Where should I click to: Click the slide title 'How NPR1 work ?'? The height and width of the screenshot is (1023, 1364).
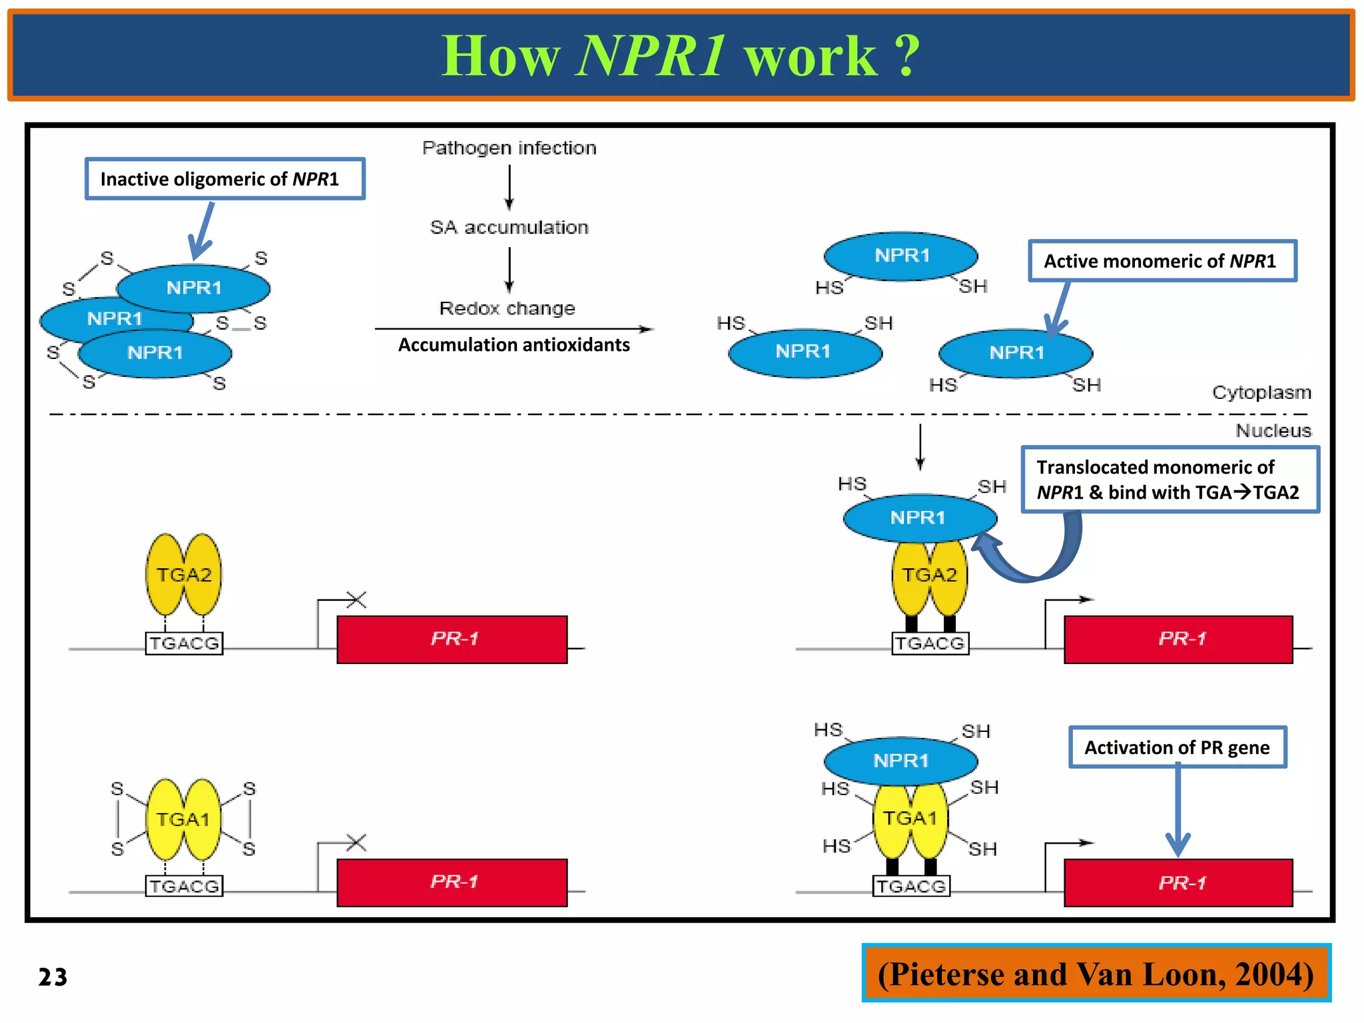(x=681, y=56)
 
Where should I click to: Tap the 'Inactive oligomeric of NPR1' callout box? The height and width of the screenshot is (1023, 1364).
(x=224, y=178)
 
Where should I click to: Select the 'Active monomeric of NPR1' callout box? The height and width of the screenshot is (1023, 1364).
(x=1162, y=261)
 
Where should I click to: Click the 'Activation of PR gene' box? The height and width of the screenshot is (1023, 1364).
(x=1177, y=747)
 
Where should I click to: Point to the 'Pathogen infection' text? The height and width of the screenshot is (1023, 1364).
(x=509, y=148)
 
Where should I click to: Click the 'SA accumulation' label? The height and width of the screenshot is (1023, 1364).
(x=509, y=228)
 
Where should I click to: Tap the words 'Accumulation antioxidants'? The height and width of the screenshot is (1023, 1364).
(x=513, y=345)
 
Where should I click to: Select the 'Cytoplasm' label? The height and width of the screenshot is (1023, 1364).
(x=1261, y=392)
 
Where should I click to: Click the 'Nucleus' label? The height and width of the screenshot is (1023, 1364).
(x=1273, y=431)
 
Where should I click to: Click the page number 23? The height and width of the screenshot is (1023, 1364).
(x=53, y=977)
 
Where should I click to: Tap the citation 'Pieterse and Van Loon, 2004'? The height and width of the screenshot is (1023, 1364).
(x=1096, y=974)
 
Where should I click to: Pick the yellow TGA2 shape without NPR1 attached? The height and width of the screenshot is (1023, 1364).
(x=184, y=574)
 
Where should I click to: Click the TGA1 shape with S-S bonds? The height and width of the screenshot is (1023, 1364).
(x=183, y=819)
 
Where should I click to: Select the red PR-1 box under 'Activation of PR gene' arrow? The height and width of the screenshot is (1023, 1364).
(x=1178, y=882)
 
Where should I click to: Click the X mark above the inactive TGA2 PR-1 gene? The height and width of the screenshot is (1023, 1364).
(x=356, y=599)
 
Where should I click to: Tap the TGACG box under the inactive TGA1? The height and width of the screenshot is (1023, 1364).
(x=184, y=886)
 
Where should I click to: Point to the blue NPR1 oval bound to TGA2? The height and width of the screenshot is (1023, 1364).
(x=919, y=517)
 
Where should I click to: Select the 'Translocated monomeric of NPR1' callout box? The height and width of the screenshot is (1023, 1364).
(x=1170, y=480)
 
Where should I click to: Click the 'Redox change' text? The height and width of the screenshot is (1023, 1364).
(x=507, y=308)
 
